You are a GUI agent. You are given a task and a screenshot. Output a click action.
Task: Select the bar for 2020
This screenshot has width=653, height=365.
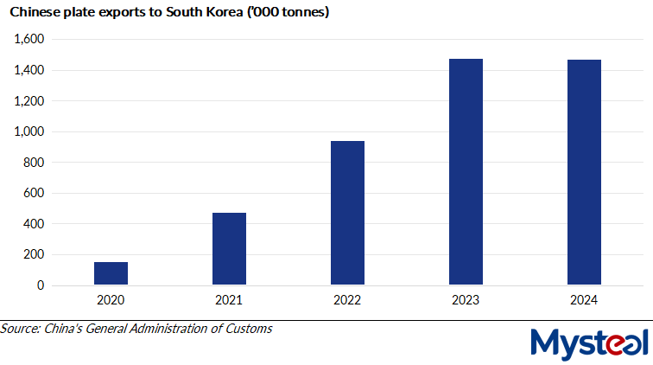[111, 273]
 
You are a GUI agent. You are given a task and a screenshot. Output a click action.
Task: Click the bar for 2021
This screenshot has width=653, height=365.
[229, 249]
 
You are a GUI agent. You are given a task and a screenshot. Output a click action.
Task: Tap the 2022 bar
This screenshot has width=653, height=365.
[347, 213]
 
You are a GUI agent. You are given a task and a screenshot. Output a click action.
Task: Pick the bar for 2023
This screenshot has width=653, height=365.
[466, 172]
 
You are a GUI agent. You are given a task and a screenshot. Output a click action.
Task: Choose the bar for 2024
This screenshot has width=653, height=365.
[584, 172]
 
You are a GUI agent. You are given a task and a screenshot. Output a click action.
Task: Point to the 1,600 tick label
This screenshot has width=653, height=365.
[28, 40]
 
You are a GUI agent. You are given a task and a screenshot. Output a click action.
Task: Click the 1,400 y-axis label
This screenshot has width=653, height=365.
[28, 70]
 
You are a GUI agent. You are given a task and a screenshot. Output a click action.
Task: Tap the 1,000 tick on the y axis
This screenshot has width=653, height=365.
[28, 131]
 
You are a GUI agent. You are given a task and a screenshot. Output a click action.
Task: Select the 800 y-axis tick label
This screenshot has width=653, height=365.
[33, 163]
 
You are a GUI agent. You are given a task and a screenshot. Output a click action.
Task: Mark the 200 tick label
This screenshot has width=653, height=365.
[33, 255]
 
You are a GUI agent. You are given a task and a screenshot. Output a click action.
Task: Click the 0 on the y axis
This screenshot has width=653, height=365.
[39, 285]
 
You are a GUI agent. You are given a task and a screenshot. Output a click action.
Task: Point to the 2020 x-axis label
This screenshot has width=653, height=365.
[111, 300]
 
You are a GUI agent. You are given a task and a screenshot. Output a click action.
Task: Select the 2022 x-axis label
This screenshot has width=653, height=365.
[347, 300]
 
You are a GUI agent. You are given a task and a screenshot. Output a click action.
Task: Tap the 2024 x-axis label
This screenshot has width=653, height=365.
[584, 300]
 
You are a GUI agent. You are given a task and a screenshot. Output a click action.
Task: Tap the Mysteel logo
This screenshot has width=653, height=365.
[589, 343]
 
